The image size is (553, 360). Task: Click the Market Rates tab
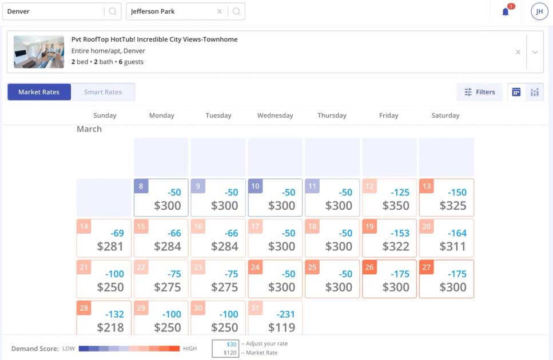39,92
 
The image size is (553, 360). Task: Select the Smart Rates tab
103,92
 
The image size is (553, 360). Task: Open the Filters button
479,92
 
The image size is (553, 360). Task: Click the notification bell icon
506,11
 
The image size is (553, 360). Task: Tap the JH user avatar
539,11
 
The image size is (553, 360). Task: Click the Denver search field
54,11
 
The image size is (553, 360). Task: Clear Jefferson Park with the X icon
220,11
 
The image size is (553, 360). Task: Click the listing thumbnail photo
39,52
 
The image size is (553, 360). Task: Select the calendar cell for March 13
447,198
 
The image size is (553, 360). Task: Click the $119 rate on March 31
281,327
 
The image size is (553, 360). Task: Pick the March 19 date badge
369,227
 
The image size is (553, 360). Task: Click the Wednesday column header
275,115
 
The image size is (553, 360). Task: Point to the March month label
89,129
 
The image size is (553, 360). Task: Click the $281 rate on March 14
110,246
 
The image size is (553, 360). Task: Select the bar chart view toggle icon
535,92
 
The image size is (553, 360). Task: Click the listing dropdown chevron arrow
535,52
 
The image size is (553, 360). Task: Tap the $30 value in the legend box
232,344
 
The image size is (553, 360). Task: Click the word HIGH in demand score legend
189,349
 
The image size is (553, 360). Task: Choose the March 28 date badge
84,309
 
